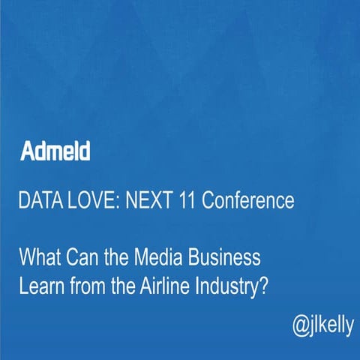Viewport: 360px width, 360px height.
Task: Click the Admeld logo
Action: [56, 151]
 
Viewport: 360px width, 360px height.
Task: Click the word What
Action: [38, 259]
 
